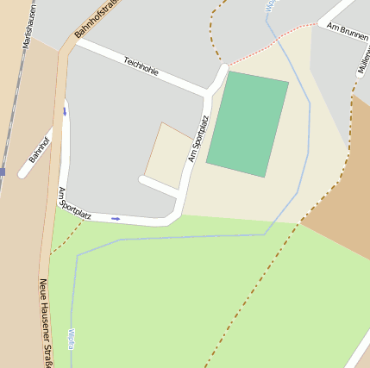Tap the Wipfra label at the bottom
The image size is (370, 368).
70,337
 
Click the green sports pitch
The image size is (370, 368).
248,124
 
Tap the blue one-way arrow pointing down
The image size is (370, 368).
65,111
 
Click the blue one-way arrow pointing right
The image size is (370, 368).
116,218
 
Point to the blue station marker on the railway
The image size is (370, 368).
3,172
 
